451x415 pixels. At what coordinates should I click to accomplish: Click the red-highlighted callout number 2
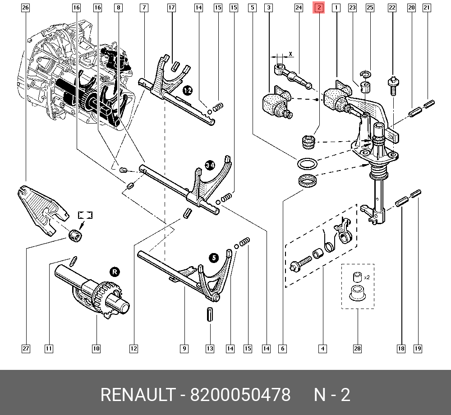319,8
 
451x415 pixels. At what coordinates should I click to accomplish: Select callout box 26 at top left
25,8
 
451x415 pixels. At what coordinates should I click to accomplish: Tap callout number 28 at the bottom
357,348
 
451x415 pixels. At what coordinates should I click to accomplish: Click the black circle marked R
115,272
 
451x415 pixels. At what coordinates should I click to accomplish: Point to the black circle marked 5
214,258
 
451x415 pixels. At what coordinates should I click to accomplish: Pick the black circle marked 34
210,166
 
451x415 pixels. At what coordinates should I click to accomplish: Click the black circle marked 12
188,91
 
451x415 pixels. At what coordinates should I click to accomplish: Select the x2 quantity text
366,277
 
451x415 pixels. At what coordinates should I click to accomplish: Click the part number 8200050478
240,395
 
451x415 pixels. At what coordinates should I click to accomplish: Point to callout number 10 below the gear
96,348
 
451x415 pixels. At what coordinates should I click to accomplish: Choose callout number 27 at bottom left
25,348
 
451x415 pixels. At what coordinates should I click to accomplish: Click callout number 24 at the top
299,8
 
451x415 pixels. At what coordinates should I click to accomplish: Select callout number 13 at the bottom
210,348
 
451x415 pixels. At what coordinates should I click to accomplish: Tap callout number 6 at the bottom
282,348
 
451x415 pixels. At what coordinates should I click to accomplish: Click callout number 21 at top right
427,8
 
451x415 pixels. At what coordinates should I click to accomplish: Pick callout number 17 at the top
171,8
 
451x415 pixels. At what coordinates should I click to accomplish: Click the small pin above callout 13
210,314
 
